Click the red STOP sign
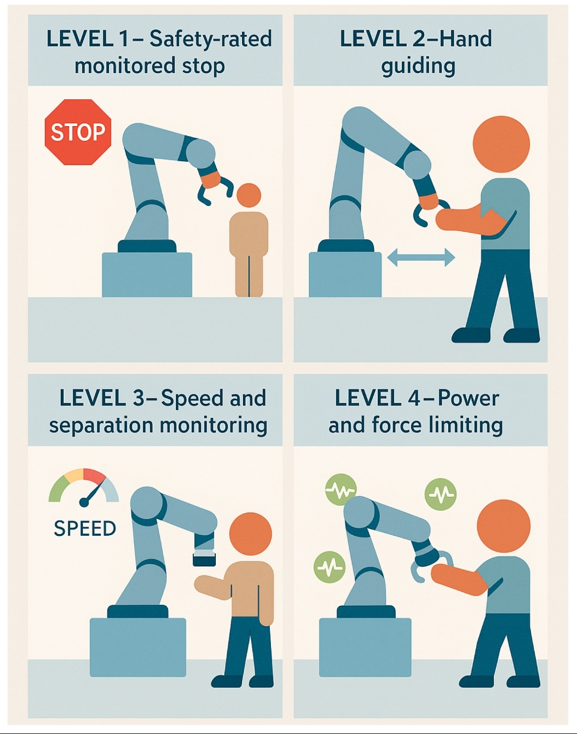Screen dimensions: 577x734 pyautogui.click(x=77, y=132)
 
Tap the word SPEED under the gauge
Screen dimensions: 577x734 pyautogui.click(x=85, y=528)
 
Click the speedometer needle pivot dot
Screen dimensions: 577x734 pyautogui.click(x=84, y=502)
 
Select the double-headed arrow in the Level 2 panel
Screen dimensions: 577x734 pyautogui.click(x=420, y=257)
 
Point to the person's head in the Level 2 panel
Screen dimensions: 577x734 pyautogui.click(x=501, y=144)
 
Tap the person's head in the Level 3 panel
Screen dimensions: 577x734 pyautogui.click(x=251, y=534)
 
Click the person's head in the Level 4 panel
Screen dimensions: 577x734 pyautogui.click(x=503, y=527)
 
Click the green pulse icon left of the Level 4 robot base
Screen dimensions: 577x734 pyautogui.click(x=330, y=567)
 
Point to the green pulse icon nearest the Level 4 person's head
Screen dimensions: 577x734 pyautogui.click(x=441, y=494)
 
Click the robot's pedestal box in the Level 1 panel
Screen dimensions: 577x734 pyautogui.click(x=147, y=275)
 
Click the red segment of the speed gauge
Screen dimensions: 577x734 pyautogui.click(x=95, y=475)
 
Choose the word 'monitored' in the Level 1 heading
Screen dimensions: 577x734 pyautogui.click(x=124, y=66)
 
